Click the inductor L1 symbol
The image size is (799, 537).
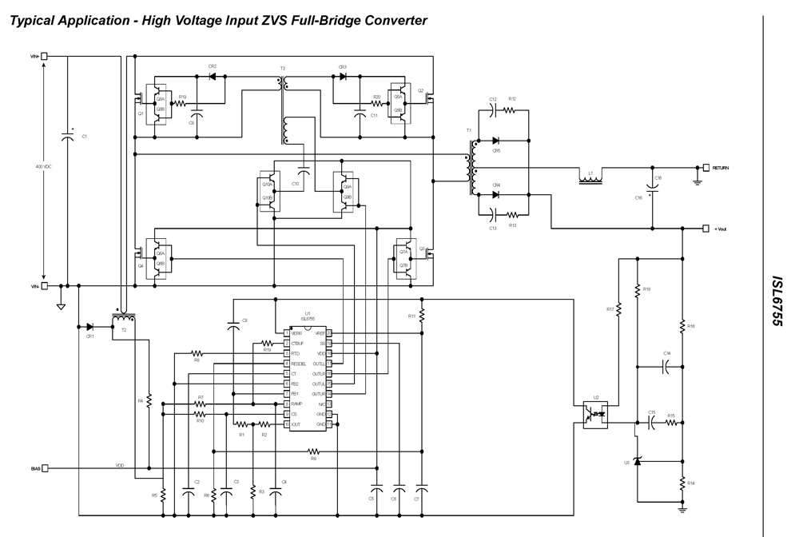point(590,180)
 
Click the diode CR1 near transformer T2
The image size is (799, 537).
point(89,326)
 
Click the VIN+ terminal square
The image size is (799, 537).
point(44,56)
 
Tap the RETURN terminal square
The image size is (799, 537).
point(706,168)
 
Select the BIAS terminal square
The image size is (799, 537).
point(45,467)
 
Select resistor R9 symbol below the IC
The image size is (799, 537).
point(313,451)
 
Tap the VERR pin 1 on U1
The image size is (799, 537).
point(286,333)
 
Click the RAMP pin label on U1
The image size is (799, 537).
point(296,404)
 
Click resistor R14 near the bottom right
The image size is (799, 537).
point(683,484)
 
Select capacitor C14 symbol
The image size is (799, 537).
point(666,367)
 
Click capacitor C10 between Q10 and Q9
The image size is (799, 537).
point(304,171)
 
